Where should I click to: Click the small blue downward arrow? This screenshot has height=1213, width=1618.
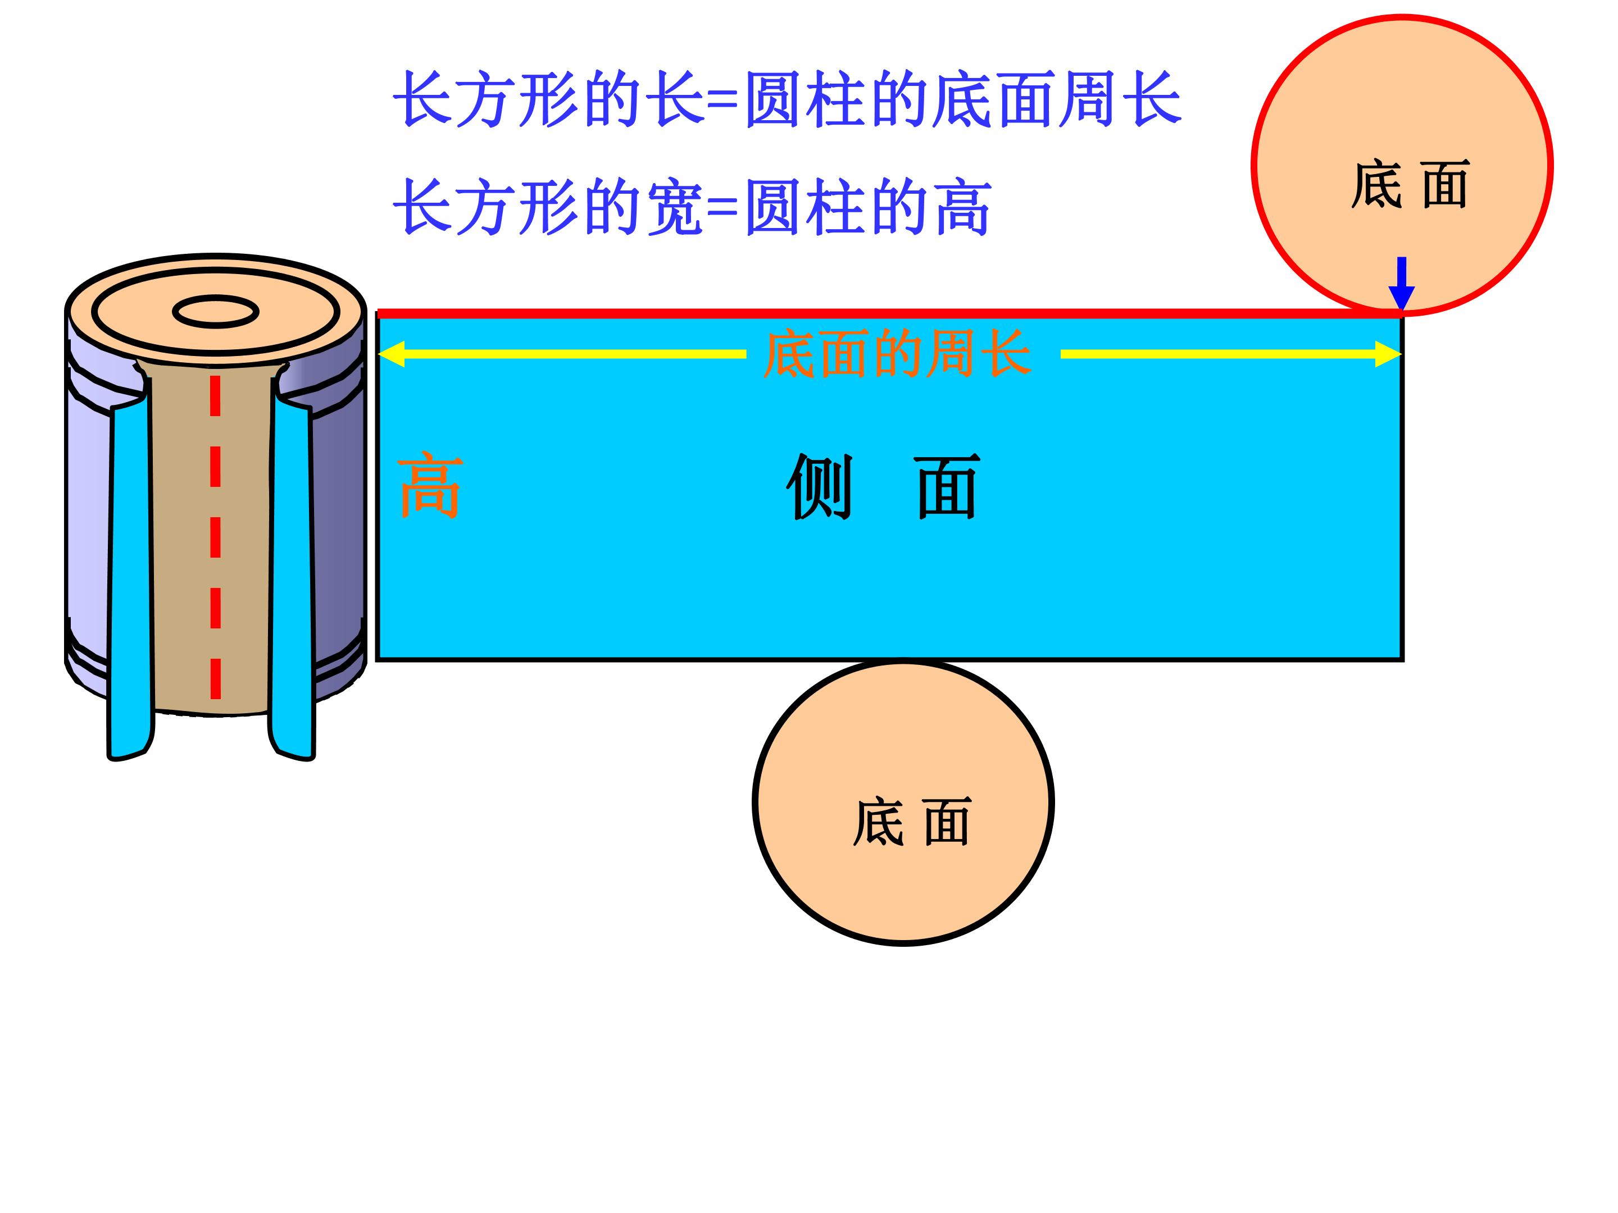coord(1402,284)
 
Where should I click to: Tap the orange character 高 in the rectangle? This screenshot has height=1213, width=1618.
coord(430,487)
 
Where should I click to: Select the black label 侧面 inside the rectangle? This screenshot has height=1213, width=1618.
coord(884,486)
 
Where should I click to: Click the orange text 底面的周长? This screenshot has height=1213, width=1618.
coord(898,354)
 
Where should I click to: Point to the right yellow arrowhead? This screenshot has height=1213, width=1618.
coord(1388,354)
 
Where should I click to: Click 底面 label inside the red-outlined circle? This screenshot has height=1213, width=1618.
coord(1410,184)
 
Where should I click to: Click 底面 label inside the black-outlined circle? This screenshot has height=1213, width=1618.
coord(911,822)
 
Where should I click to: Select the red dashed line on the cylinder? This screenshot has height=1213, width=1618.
coord(216,537)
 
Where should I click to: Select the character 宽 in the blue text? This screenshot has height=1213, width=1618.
coord(674,208)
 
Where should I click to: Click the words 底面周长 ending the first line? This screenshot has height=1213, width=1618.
coord(1057,99)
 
